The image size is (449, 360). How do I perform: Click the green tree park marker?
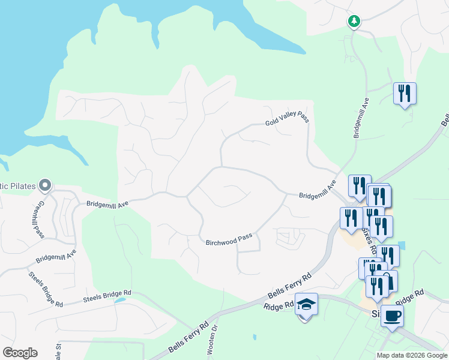pos(354,22)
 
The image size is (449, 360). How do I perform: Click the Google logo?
pos(20,352)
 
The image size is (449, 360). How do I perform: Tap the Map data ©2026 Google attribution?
pos(411,355)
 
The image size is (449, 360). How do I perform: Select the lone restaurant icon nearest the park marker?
pos(405,94)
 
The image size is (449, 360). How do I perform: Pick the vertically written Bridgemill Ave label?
pos(358,117)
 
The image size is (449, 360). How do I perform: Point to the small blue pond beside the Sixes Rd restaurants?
pos(401,245)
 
